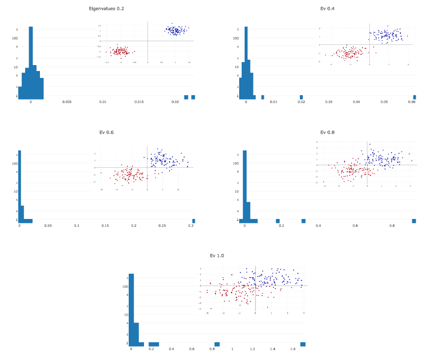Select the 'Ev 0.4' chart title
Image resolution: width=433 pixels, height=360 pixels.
click(327, 9)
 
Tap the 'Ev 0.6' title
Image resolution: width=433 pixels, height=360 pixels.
click(107, 132)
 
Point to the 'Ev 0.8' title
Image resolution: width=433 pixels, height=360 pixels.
click(327, 132)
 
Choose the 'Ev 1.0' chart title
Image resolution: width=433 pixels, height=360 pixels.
click(217, 255)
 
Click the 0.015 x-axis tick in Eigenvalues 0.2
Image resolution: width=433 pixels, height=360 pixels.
click(139, 102)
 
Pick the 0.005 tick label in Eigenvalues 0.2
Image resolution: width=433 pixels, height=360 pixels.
click(67, 102)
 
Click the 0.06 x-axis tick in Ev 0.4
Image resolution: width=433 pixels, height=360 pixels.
click(412, 102)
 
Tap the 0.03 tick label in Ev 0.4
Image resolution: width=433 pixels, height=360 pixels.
click(329, 102)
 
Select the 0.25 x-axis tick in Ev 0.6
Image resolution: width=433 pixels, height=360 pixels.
click(162, 225)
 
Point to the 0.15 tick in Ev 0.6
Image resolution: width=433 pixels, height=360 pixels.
click(105, 225)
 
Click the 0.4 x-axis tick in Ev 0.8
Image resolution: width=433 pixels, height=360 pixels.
click(318, 225)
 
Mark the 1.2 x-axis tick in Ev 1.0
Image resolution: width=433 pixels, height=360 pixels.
click(253, 349)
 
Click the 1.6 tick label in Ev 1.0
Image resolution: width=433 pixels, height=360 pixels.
click(293, 349)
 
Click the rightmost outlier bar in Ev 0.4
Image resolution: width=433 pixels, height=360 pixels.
click(414, 97)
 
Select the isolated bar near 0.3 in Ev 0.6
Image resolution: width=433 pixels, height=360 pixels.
click(193, 221)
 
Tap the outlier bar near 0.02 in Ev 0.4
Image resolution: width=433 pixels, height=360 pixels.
click(301, 97)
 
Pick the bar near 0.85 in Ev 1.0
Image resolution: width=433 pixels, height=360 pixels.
click(217, 344)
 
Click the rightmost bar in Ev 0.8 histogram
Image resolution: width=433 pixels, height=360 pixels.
click(414, 221)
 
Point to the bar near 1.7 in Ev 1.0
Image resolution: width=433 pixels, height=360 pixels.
click(303, 344)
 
